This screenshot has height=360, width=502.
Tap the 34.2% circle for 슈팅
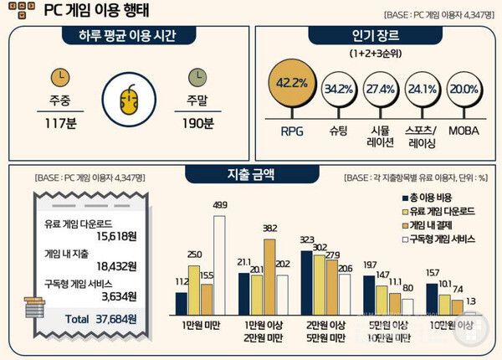click(x=337, y=88)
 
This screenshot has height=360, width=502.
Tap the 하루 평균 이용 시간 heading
click(x=127, y=35)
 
